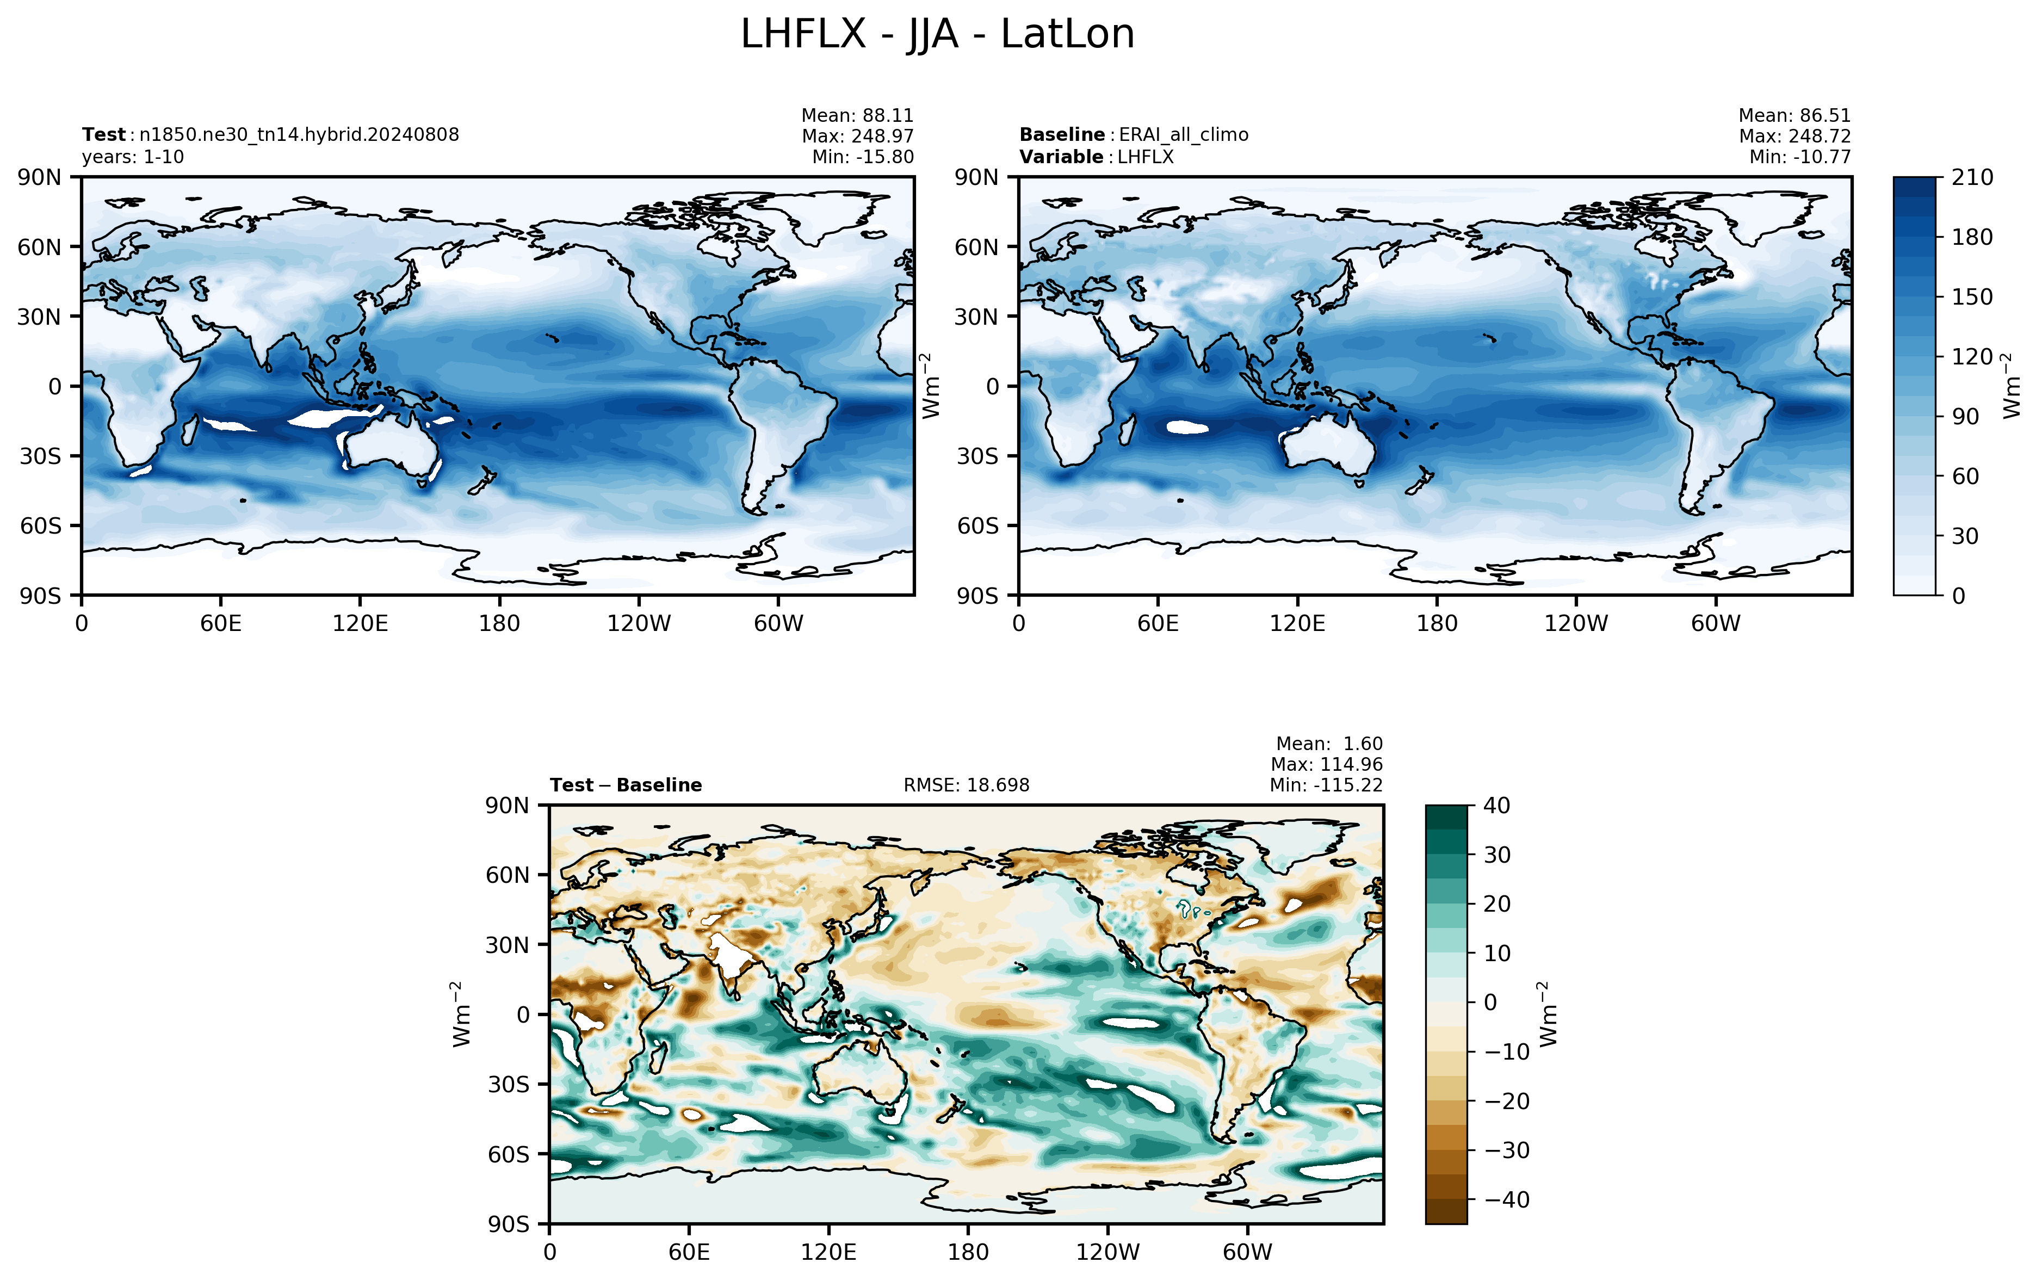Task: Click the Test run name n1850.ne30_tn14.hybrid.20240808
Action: [x=299, y=135]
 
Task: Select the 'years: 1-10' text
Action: [x=133, y=157]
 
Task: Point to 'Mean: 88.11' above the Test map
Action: [x=857, y=115]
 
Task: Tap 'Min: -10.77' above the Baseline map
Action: [x=1800, y=157]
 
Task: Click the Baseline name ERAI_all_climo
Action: [x=1183, y=135]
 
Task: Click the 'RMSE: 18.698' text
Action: [x=967, y=785]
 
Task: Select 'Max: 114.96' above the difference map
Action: [x=1326, y=764]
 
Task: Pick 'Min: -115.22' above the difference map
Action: [x=1326, y=785]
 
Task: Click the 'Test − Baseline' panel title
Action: [x=626, y=785]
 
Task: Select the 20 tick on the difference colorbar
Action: [x=1496, y=904]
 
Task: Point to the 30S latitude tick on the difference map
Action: [x=508, y=1085]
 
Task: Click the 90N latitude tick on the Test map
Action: [x=39, y=177]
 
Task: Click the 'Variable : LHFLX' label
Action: [x=1096, y=157]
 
